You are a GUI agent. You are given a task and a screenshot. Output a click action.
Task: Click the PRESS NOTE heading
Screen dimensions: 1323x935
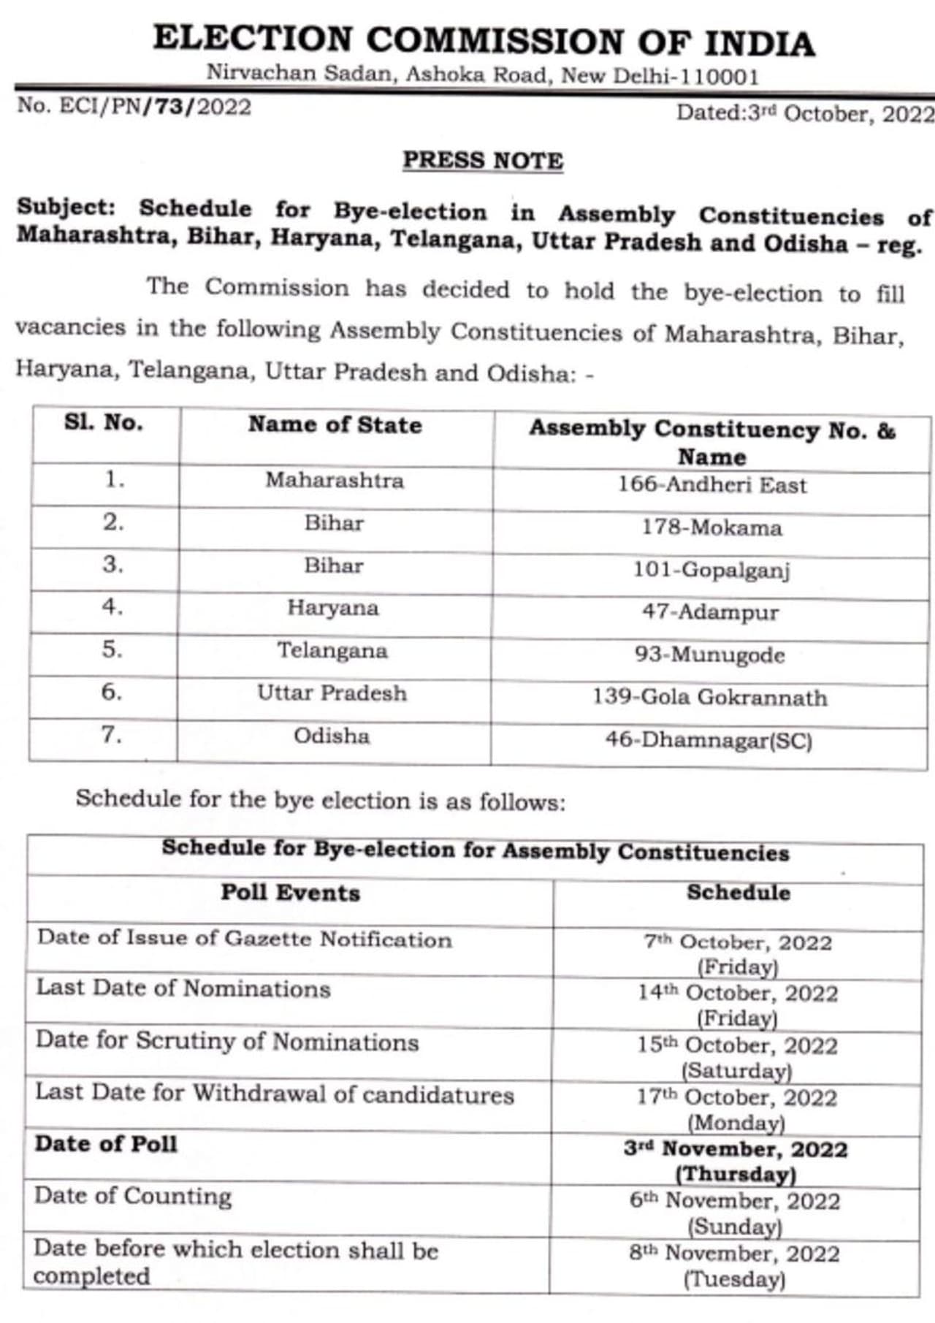coord(483,160)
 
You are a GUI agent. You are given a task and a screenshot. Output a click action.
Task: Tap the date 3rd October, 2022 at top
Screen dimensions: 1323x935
coord(804,113)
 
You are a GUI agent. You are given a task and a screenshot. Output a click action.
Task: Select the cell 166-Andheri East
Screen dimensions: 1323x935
coord(712,484)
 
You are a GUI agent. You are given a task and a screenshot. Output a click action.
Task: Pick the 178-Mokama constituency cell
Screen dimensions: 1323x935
coord(711,527)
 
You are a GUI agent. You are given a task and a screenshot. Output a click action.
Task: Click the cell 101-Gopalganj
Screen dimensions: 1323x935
coord(711,570)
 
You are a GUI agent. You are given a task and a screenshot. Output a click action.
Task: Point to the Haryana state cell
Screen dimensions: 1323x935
coord(333,608)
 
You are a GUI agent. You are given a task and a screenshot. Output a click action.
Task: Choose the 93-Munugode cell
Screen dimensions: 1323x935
coord(710,655)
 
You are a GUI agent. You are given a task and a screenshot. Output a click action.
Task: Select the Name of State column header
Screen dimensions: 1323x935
coord(335,425)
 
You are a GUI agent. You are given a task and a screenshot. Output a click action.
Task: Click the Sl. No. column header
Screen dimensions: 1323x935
coord(104,423)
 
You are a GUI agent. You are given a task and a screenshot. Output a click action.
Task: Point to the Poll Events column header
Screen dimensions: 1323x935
coord(291,893)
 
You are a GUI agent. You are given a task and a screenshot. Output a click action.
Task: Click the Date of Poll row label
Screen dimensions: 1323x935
coord(107,1144)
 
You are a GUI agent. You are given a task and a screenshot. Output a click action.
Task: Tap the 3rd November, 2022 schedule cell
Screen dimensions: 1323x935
coord(736,1160)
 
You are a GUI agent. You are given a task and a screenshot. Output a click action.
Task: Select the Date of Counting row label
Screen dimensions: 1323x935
coord(133,1196)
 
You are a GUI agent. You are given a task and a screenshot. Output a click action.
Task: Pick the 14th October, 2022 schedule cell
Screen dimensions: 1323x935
coord(738,1004)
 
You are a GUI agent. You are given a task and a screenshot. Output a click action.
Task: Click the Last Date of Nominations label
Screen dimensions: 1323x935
coord(183,988)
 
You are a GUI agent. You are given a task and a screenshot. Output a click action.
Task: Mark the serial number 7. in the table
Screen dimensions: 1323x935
coord(111,734)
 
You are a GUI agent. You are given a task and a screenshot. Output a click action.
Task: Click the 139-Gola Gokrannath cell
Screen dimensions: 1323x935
coord(710,697)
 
